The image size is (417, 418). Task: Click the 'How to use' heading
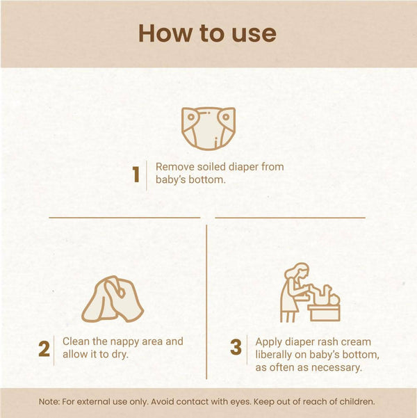[x=207, y=33]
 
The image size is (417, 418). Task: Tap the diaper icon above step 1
[x=208, y=129]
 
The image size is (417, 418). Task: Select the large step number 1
[x=136, y=175]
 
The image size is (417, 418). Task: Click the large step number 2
[x=44, y=348]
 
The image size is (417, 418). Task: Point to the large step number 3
[x=236, y=347]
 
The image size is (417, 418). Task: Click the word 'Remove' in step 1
[x=175, y=167]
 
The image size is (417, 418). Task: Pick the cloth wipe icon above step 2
[x=113, y=299]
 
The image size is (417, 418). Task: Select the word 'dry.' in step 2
[x=120, y=354]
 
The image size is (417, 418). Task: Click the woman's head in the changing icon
[x=297, y=271]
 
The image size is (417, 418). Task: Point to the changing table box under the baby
[x=324, y=313]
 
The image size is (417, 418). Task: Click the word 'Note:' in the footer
[x=49, y=402]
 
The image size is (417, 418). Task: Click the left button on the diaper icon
[x=191, y=117]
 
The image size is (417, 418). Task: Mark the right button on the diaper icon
[x=226, y=117]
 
